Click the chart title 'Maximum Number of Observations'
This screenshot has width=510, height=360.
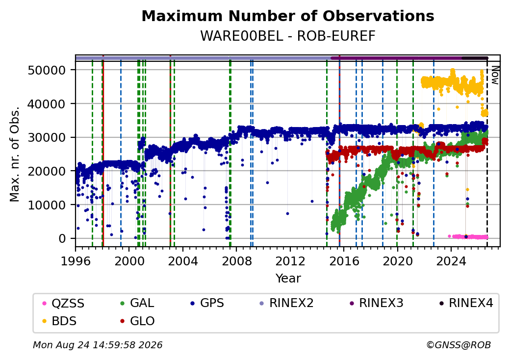click(x=288, y=16)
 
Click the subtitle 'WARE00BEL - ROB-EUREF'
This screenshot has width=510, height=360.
click(x=288, y=36)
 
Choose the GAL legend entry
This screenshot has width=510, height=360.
click(x=137, y=303)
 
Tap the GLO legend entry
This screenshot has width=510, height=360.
click(x=137, y=321)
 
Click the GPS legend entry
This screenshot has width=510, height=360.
click(x=207, y=303)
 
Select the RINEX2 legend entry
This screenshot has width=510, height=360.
click(x=286, y=303)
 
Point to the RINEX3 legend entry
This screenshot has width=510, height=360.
click(x=376, y=303)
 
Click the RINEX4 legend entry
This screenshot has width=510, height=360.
click(x=466, y=303)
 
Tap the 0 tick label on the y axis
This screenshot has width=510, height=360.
click(x=62, y=239)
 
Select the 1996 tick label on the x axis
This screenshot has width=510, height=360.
click(x=76, y=261)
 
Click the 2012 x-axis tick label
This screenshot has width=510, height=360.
click(x=290, y=261)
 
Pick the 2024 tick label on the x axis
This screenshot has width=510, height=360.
click(x=451, y=261)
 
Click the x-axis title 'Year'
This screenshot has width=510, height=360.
click(x=288, y=279)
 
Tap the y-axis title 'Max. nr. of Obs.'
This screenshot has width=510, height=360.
click(x=15, y=154)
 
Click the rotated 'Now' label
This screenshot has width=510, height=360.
click(x=495, y=76)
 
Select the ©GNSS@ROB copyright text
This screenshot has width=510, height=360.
click(x=459, y=345)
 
